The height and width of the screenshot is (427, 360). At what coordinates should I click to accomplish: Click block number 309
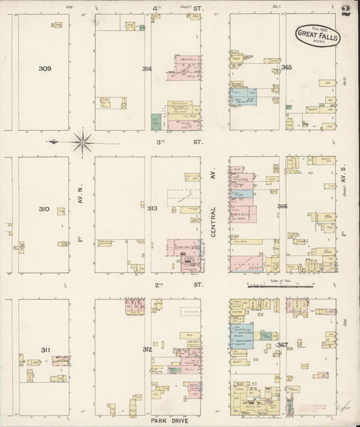[45, 68]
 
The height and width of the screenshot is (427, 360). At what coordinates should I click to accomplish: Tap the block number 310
[44, 209]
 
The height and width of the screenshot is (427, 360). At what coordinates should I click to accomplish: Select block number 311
[45, 350]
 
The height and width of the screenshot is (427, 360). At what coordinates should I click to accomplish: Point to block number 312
[147, 349]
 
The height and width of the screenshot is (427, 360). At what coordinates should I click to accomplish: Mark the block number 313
[152, 209]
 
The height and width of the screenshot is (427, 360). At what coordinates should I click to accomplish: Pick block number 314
[147, 69]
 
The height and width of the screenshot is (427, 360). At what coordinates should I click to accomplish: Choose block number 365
[286, 68]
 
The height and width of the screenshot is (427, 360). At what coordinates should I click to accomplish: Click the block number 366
[282, 207]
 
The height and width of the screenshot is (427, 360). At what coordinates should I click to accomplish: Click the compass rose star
[83, 141]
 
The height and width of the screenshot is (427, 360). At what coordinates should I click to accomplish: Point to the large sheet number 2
[345, 11]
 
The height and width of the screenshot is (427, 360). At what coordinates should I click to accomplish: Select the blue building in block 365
[242, 97]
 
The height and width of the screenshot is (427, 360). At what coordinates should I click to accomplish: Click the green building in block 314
[156, 122]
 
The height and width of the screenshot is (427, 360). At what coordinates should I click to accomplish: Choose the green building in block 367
[268, 336]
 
